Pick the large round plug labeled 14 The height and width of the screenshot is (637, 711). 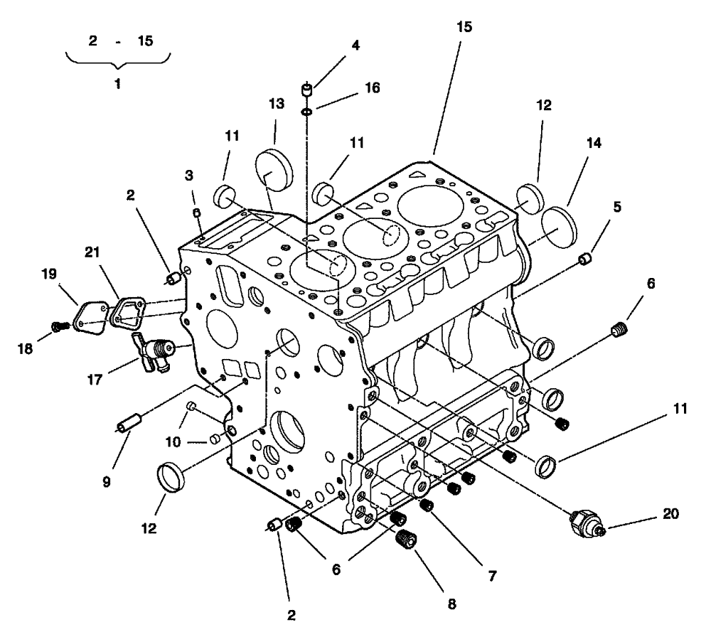coord(560,226)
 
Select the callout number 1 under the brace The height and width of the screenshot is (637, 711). coord(118,84)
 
